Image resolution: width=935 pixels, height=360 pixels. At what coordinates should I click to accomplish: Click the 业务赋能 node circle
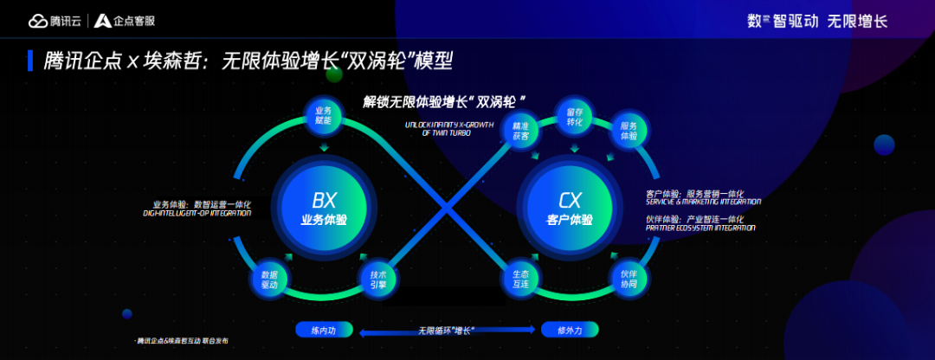[324, 116]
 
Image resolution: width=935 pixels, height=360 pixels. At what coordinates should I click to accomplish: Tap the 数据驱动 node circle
[269, 279]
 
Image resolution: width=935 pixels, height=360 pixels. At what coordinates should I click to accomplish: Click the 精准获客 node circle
[520, 131]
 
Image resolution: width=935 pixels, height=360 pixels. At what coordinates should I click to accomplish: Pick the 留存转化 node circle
[575, 116]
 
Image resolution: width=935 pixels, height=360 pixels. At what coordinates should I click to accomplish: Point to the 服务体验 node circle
[629, 131]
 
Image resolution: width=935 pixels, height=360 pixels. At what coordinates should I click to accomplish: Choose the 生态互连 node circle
[520, 279]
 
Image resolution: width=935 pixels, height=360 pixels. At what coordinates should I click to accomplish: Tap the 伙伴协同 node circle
[629, 279]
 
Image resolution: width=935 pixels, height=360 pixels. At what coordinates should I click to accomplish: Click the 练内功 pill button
[317, 330]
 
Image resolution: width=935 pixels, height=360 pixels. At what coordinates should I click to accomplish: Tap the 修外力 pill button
[571, 330]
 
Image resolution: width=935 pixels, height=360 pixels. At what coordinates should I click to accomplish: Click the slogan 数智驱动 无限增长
[817, 21]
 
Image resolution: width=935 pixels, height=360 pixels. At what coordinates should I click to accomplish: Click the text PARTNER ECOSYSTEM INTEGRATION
[700, 228]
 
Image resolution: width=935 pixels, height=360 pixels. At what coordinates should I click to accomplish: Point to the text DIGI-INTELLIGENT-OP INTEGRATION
[197, 212]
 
